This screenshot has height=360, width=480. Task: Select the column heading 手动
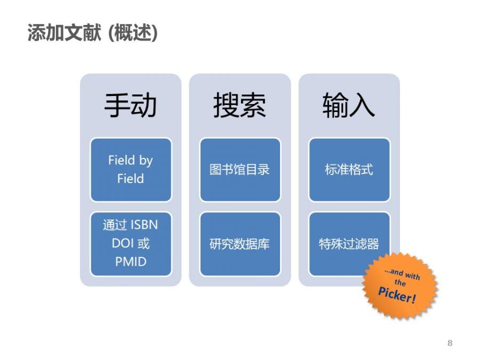[130, 105]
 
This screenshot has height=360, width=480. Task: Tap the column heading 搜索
[239, 105]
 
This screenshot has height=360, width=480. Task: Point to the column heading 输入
[349, 105]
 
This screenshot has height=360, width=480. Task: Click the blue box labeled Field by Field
[131, 169]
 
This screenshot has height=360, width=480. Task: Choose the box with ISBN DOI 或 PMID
[131, 243]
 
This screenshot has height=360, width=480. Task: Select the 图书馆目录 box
[240, 170]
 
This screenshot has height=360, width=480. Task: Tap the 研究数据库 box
[240, 244]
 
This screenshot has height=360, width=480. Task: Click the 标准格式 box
[349, 170]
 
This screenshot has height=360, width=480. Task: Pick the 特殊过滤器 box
[349, 244]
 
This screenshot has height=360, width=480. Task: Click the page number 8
[450, 343]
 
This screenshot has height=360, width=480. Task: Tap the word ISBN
[145, 225]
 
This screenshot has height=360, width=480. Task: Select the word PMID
[131, 262]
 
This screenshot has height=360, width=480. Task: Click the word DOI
[122, 243]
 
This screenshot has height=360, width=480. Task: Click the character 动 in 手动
[143, 105]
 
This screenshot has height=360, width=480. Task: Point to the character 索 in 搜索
[253, 105]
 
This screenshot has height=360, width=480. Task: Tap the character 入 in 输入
[362, 105]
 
